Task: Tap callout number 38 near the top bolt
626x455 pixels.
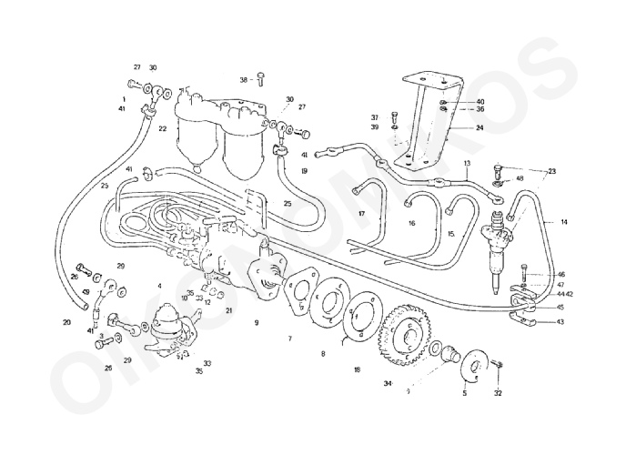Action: [x=244, y=80]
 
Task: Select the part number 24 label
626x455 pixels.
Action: [x=480, y=128]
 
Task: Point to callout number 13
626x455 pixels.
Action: [x=467, y=165]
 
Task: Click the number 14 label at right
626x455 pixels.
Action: [x=563, y=221]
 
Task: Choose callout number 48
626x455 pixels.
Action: [x=520, y=178]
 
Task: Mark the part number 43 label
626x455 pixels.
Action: [x=560, y=321]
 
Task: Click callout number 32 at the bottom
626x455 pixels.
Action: [x=498, y=394]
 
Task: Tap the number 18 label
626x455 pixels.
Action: [x=357, y=369]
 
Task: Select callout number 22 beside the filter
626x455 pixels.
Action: [x=162, y=129]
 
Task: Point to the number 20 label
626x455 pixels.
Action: [x=66, y=322]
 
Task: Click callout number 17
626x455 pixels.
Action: [x=360, y=215]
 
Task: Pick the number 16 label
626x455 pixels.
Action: [x=411, y=223]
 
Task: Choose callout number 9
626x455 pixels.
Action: [x=257, y=322]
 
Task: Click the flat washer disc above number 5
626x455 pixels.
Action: [x=473, y=365]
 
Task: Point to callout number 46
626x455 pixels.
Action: [x=560, y=274]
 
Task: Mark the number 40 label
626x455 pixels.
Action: [x=480, y=101]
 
